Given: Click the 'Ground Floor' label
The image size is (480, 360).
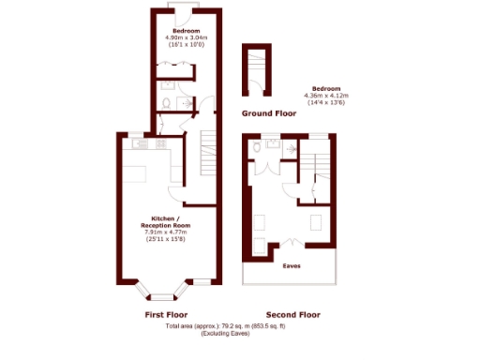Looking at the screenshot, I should tap(270, 112).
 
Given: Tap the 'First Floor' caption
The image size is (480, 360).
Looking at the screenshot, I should tap(166, 314).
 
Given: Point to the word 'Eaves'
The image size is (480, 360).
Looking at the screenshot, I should tap(292, 264).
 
